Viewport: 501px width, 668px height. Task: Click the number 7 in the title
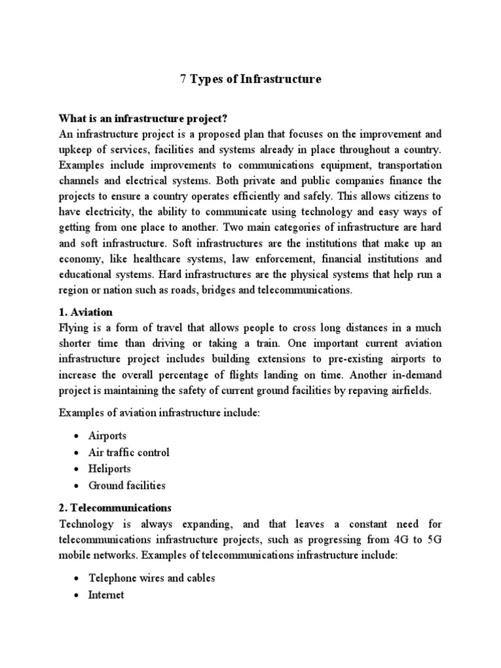[183, 80]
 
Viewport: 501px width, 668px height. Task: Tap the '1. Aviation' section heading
[85, 312]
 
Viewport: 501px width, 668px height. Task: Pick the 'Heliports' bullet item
[110, 468]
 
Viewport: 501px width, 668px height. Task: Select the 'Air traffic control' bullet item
[129, 452]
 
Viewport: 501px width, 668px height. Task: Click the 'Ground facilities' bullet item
[127, 485]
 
